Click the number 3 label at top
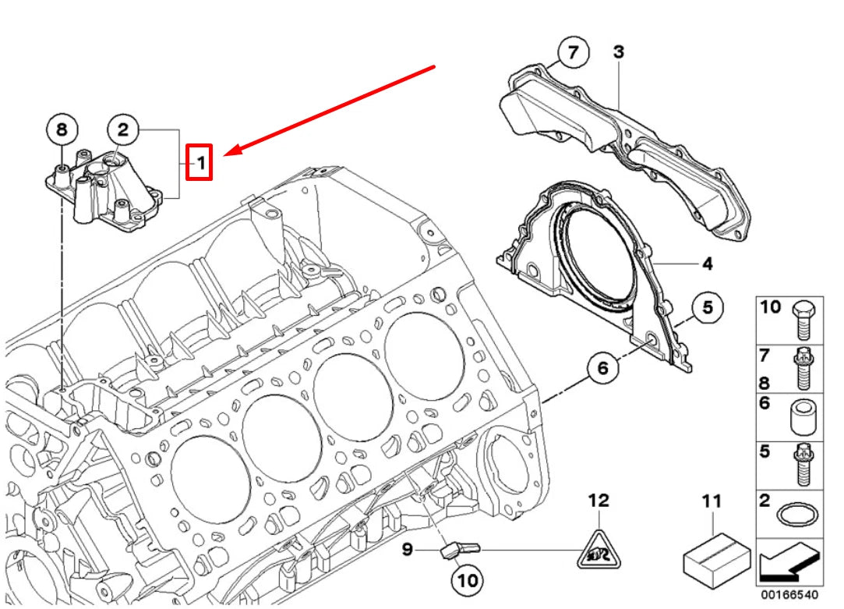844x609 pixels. [618, 52]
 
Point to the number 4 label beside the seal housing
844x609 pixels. [706, 264]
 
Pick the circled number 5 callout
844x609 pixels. [705, 307]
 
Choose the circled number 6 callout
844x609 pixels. [602, 367]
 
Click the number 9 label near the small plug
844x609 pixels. [408, 550]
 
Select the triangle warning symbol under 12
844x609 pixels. [598, 550]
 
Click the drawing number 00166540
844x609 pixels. [793, 595]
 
